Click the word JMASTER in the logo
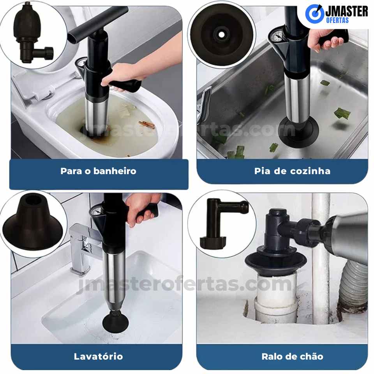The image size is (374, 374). (346, 11)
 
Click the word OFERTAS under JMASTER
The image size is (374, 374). (337, 20)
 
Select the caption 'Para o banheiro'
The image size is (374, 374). (98, 171)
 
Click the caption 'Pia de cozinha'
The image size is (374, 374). (292, 171)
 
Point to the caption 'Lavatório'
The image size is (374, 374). (98, 356)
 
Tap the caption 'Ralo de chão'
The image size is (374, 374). (293, 356)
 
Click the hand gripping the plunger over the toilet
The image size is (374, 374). (124, 76)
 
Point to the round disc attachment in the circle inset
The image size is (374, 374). (222, 35)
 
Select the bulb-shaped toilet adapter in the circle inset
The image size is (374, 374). (31, 34)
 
